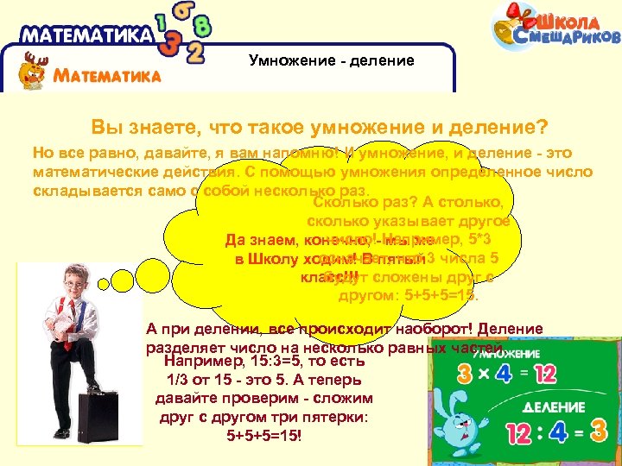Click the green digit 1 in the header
coord(162,22)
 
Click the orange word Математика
coord(107,75)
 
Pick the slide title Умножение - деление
coord(332,60)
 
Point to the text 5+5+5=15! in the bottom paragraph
coord(263,436)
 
